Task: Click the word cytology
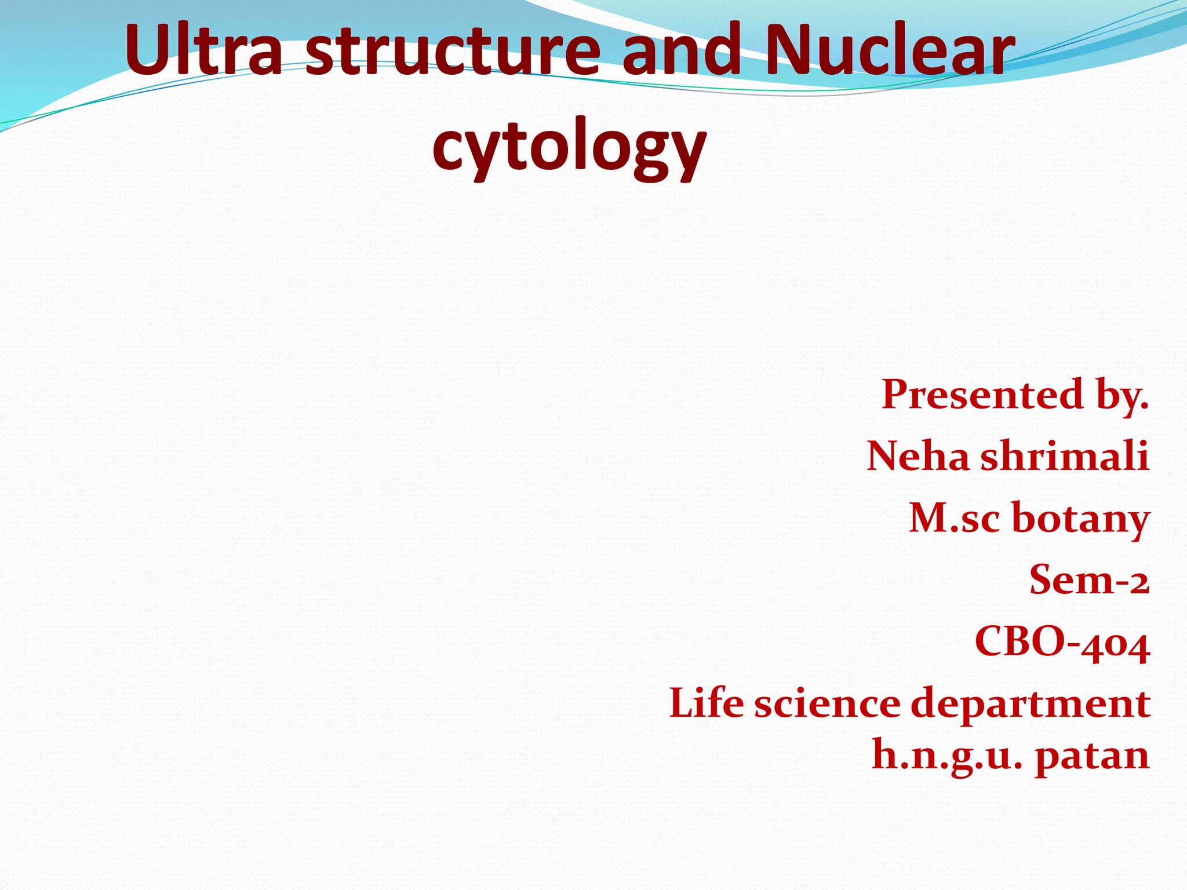(569, 148)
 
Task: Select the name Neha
(917, 456)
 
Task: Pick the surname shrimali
(1065, 456)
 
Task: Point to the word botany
(1080, 519)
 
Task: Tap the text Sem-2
(1089, 580)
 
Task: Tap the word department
(1031, 706)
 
